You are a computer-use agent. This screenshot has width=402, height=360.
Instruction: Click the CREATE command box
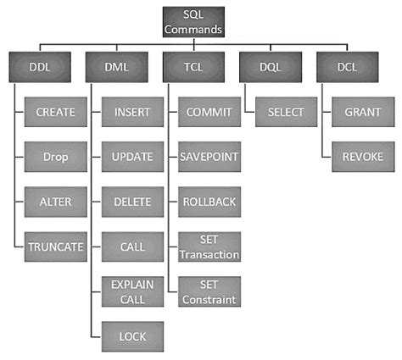[x=51, y=112]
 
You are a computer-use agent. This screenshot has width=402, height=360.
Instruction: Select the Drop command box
[x=51, y=157]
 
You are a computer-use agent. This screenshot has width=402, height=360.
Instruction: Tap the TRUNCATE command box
[x=51, y=246]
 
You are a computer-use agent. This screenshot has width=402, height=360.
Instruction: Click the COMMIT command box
[x=208, y=112]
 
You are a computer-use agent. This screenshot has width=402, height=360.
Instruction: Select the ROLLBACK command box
[x=208, y=202]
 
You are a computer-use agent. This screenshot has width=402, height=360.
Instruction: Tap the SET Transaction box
[x=208, y=246]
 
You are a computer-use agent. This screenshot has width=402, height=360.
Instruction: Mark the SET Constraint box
[x=208, y=291]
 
